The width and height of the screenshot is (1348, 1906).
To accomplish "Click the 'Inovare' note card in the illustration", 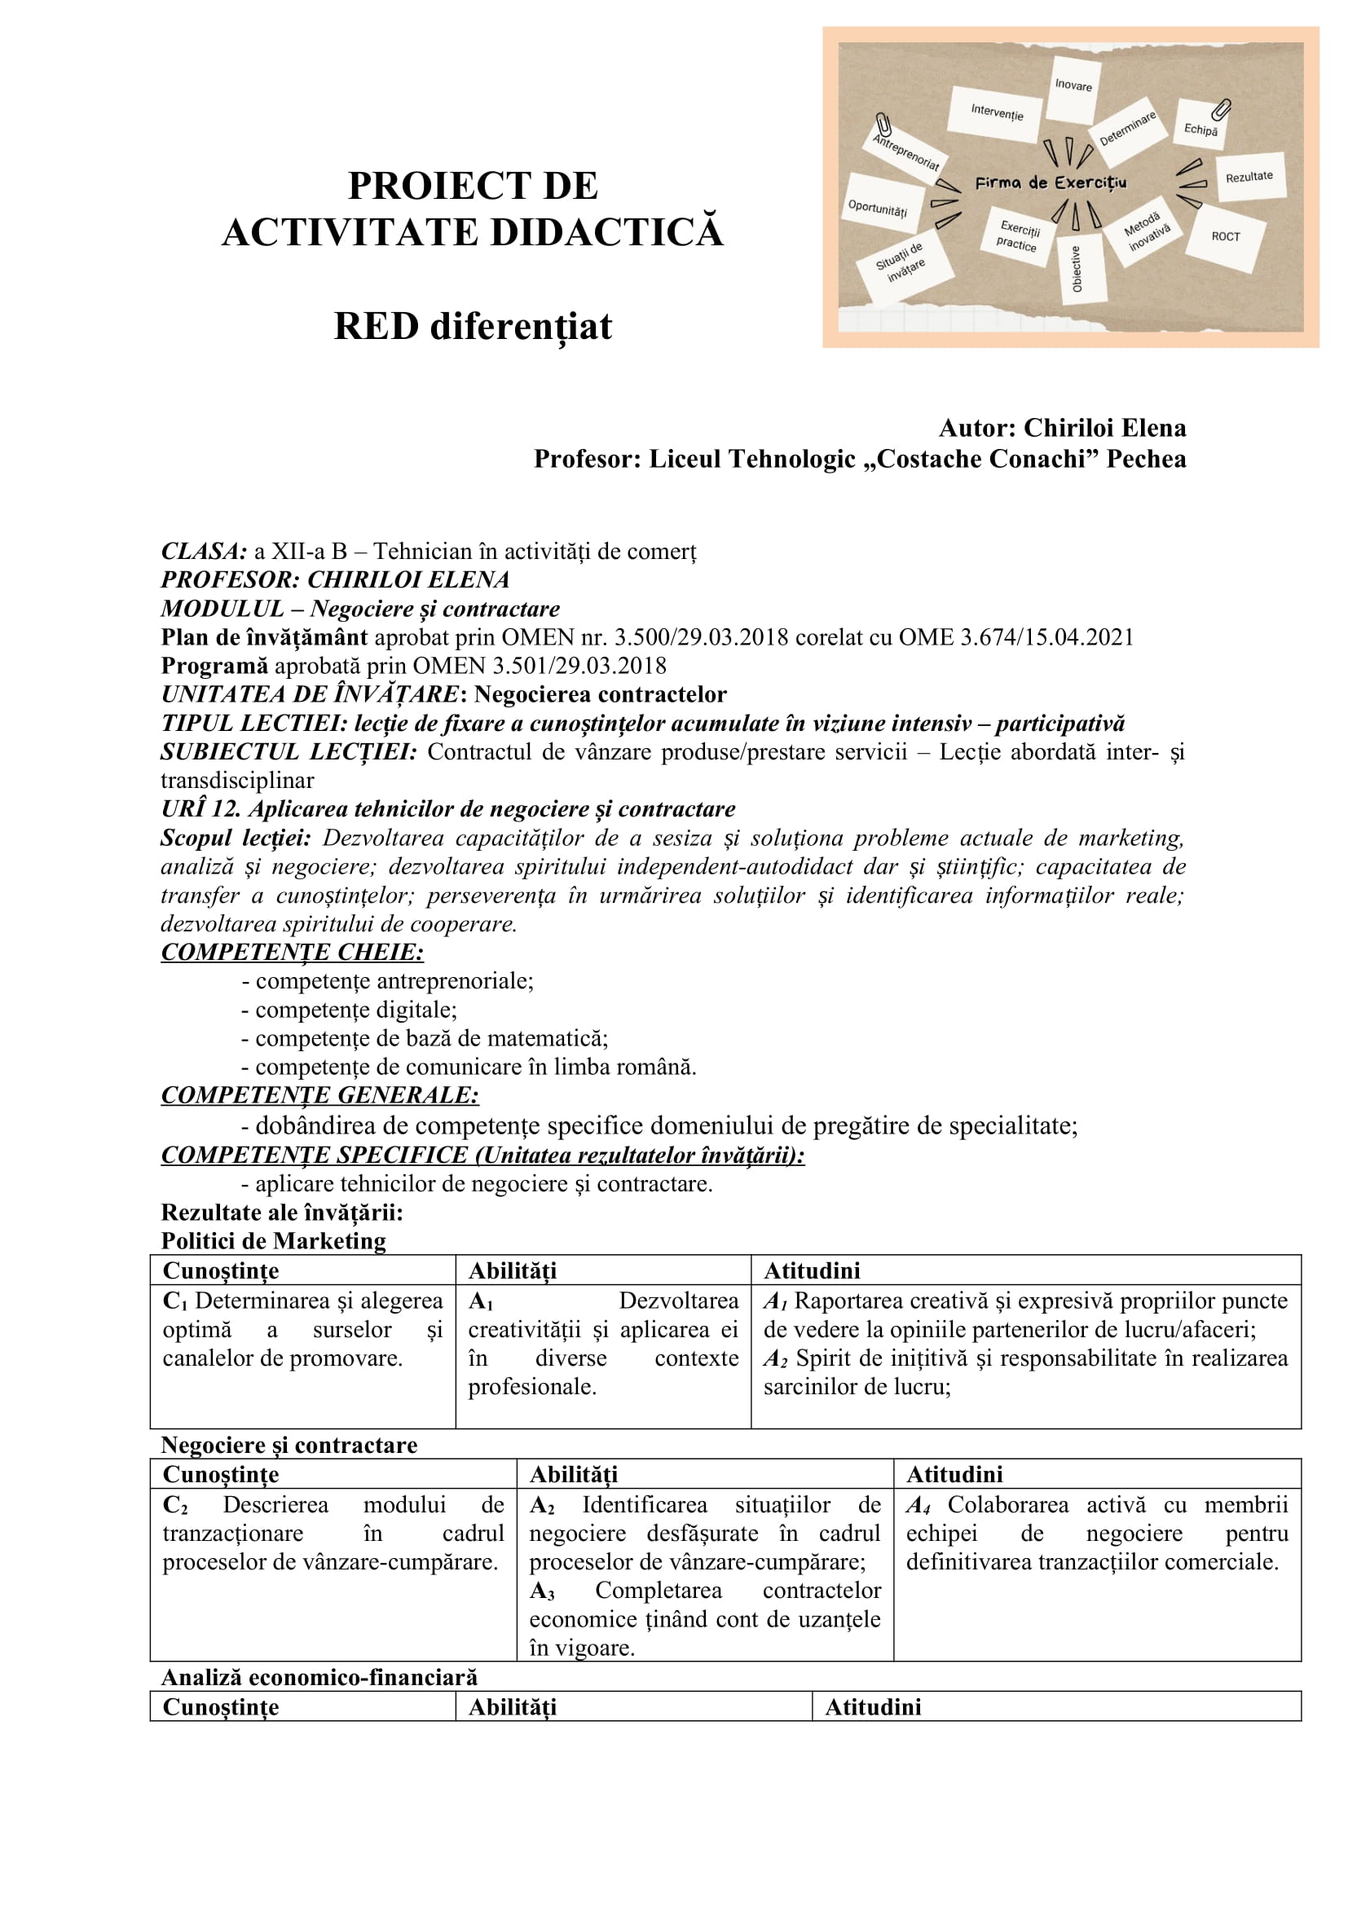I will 1073,86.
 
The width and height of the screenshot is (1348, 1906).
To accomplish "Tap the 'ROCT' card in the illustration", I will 1225,236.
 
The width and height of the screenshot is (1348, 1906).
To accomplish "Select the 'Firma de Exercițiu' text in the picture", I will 1050,183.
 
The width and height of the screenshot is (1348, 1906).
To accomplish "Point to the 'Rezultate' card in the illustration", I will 1249,177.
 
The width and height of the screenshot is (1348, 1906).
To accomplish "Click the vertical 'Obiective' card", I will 1077,268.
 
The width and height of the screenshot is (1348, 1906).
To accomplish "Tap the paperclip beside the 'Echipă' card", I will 1221,109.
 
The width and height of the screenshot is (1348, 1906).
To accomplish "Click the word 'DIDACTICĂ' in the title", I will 607,232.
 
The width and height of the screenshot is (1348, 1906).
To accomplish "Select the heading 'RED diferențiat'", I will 473,326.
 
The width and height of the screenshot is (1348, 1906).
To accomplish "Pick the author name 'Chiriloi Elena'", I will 1104,429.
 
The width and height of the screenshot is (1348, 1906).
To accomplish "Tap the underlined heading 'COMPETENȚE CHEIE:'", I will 293,952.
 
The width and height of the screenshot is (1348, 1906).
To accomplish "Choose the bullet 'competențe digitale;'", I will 355,1010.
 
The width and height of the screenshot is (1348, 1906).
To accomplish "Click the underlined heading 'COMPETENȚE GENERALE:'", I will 319,1095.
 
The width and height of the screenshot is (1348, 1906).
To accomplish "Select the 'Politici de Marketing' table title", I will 273,1241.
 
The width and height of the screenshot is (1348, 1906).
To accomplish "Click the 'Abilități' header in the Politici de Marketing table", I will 512,1271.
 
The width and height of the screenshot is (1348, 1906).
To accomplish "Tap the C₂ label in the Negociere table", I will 175,1505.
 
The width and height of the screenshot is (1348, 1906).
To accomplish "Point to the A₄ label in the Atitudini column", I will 918,1505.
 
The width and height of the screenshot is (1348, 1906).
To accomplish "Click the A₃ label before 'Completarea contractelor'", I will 542,1591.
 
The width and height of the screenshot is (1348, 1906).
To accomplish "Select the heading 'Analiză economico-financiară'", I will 319,1678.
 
